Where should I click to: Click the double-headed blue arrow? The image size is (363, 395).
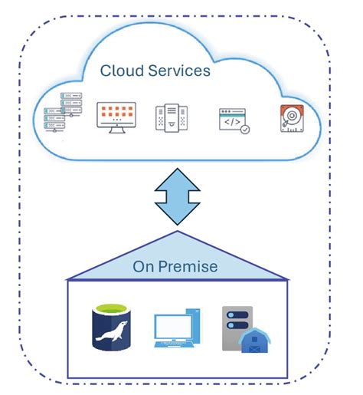click(177, 195)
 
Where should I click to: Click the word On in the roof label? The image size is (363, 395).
click(143, 267)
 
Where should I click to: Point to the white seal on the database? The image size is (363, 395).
click(112, 336)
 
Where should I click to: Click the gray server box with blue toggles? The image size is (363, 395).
click(236, 322)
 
